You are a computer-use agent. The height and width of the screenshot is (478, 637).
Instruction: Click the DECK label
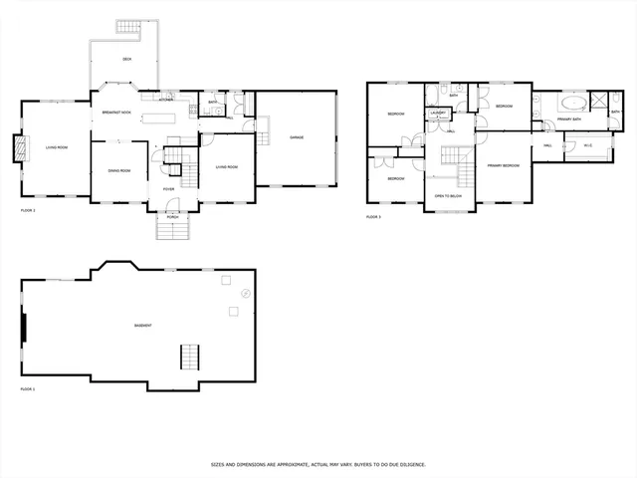click(x=126, y=60)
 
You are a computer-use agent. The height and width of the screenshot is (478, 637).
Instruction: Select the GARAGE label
click(x=297, y=136)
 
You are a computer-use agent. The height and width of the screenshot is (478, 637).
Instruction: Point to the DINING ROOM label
click(x=119, y=170)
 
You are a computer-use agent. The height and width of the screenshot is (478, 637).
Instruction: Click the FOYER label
click(x=168, y=188)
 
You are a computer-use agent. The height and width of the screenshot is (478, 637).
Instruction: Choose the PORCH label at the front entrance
click(x=172, y=216)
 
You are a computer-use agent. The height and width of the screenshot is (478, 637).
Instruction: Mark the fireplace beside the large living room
click(x=16, y=149)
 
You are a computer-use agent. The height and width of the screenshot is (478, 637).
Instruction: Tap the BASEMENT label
click(x=142, y=326)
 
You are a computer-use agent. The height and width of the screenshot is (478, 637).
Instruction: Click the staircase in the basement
click(x=189, y=357)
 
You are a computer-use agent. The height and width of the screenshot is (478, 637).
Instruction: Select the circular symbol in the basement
click(x=246, y=293)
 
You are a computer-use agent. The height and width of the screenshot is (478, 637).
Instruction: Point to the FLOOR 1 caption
click(x=28, y=210)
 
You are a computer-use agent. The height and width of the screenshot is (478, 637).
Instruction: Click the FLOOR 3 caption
click(x=373, y=216)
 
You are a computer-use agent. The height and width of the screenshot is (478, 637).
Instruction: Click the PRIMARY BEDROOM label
click(x=503, y=164)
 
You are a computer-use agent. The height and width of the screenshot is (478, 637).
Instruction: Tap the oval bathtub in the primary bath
click(x=575, y=103)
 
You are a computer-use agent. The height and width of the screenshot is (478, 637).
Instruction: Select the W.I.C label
click(x=587, y=145)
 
